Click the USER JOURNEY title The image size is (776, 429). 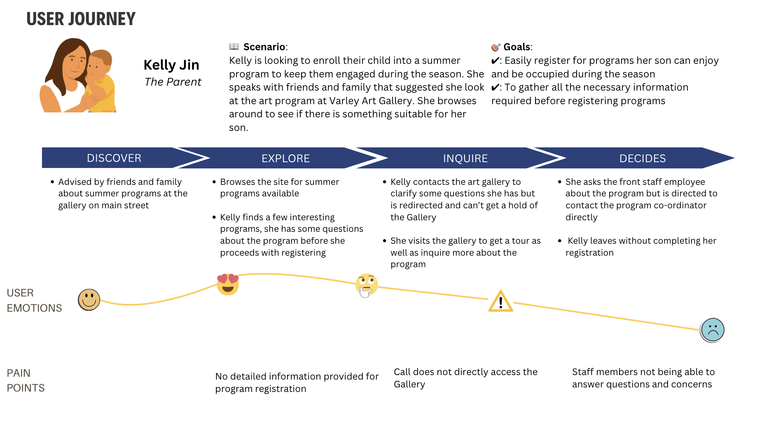(81, 19)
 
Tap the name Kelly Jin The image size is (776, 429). (171, 65)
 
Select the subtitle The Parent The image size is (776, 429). (173, 82)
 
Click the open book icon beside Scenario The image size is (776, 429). (234, 46)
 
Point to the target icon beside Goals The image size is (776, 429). (496, 47)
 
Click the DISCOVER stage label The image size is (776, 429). (114, 158)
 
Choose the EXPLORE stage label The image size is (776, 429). (285, 159)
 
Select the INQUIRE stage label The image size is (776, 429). (465, 159)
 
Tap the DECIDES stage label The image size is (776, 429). (642, 159)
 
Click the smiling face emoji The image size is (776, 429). (89, 300)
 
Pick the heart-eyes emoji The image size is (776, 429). (228, 284)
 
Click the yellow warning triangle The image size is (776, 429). (500, 302)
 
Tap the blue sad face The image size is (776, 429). (712, 330)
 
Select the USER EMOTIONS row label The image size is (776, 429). (34, 300)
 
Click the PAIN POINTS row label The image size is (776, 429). (26, 380)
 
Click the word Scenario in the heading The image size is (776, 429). (264, 47)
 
